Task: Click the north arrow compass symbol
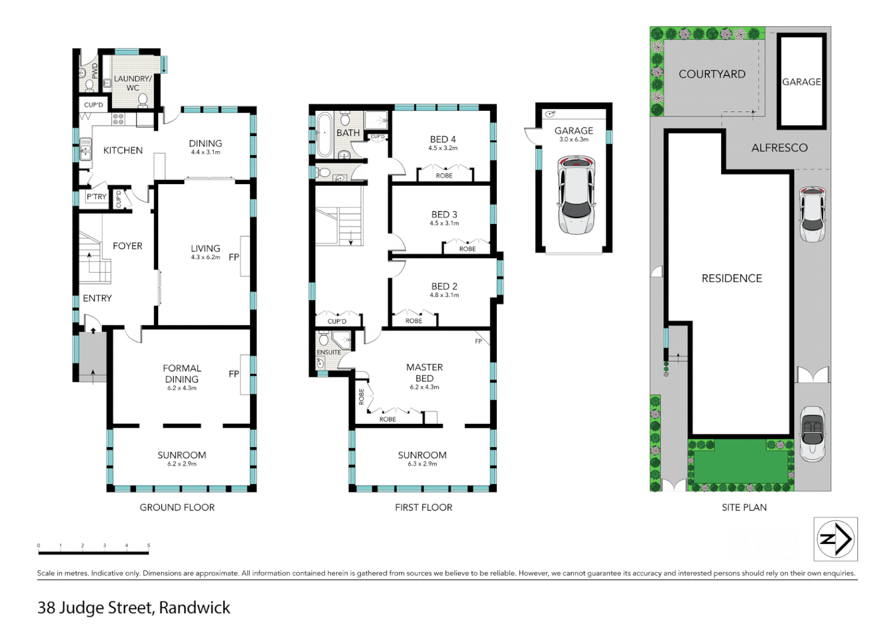click(x=835, y=539)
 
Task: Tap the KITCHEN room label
click(x=123, y=151)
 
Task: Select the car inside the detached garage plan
click(x=576, y=195)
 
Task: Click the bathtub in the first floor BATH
click(x=324, y=134)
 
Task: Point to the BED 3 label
click(x=444, y=215)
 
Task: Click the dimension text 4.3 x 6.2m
click(x=206, y=257)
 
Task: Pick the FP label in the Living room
click(x=234, y=257)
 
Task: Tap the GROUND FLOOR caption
click(x=177, y=507)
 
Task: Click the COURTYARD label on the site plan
click(x=712, y=74)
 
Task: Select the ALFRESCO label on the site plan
click(x=779, y=148)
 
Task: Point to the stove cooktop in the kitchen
click(x=118, y=120)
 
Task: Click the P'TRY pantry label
click(x=97, y=197)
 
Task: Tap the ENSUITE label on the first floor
click(x=329, y=352)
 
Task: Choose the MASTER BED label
click(x=425, y=373)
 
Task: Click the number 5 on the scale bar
click(x=148, y=546)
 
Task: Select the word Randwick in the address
click(x=194, y=608)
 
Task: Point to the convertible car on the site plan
click(x=812, y=434)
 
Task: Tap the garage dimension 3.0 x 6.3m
click(x=573, y=139)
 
